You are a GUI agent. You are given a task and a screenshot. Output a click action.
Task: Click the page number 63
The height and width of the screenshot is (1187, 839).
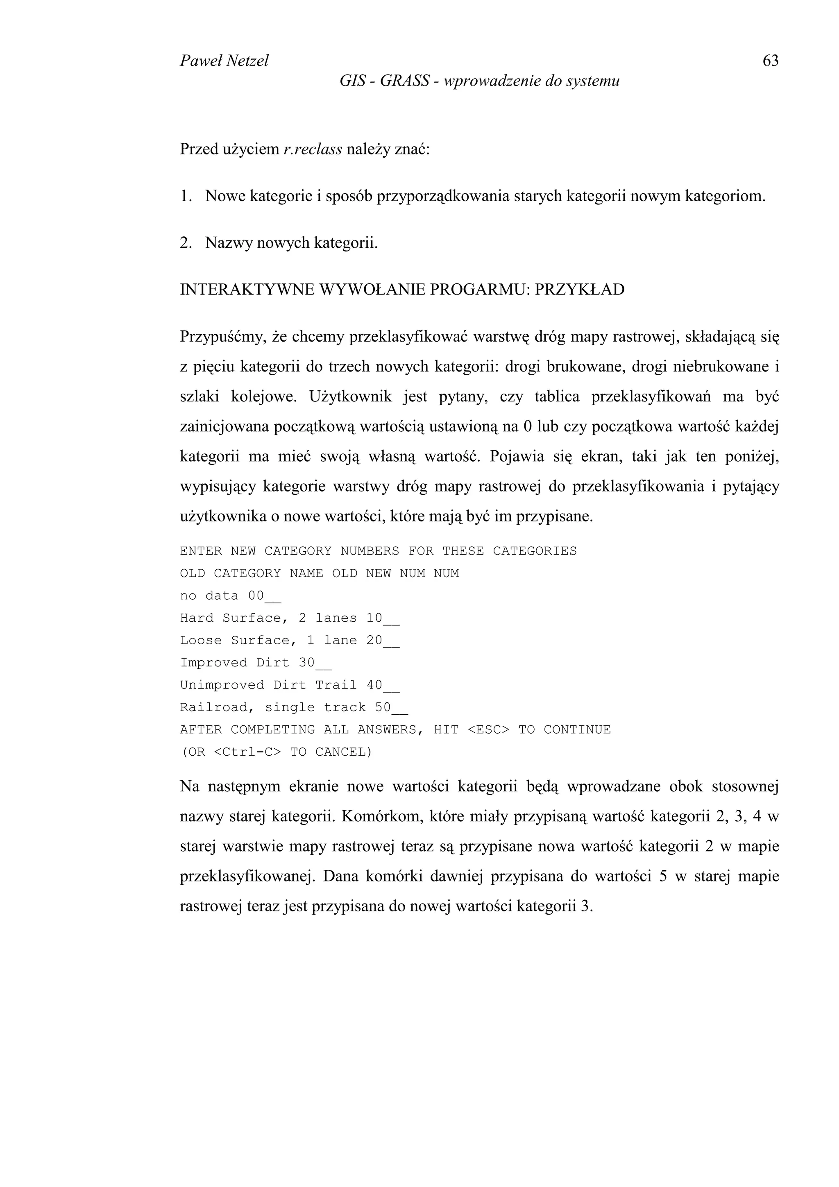coord(770,61)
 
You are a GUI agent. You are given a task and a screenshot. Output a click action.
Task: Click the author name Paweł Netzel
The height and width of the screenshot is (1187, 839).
coord(224,61)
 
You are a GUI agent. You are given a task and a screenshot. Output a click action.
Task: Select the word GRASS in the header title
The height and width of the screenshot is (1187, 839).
coord(404,81)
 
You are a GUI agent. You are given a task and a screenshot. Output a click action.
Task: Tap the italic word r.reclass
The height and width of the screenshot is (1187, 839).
coord(313,150)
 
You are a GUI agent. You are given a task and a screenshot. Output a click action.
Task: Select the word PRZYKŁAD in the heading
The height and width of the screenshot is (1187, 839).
coord(580,290)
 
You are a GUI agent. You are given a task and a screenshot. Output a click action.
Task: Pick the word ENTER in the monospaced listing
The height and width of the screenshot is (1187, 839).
coord(201,551)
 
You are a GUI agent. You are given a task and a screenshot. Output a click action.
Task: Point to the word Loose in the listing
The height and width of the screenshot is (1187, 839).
coord(201,640)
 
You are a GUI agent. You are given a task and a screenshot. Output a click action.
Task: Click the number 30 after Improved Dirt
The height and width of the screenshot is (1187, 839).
coord(306,662)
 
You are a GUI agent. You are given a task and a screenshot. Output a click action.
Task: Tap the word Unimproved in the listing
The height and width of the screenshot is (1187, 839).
coord(222,685)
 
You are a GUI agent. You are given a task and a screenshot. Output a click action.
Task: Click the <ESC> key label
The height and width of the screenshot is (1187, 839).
coord(488,729)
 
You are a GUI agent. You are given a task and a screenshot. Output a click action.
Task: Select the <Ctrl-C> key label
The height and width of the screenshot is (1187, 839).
coord(247,752)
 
